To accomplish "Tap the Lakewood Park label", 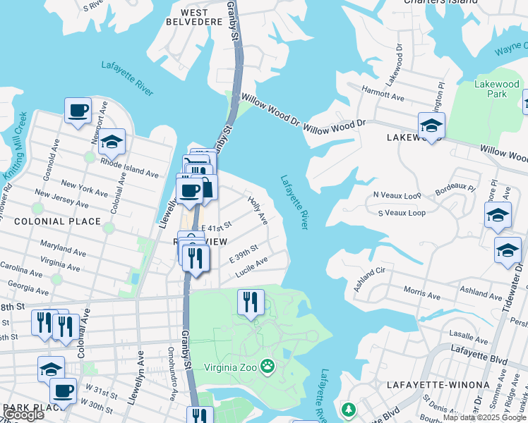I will point(496,89).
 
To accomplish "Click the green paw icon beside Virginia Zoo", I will point(268,366).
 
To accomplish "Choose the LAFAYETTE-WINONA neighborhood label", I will point(438,385).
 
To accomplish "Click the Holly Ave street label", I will point(258,210).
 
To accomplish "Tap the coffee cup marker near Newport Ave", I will point(78,110).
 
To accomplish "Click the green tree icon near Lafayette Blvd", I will point(347,410).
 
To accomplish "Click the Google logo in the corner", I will point(23,415).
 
